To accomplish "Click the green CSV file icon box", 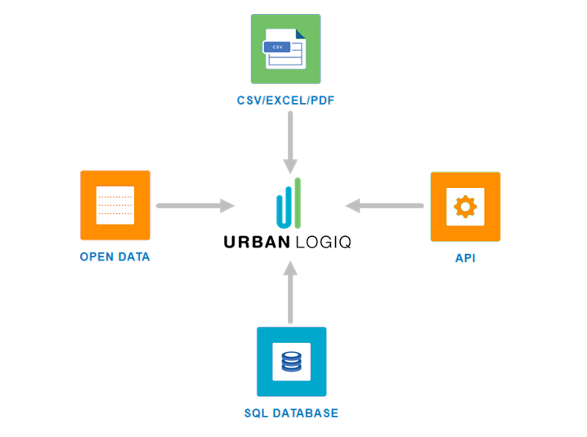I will coord(285,49).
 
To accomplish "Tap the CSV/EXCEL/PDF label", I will coord(285,100).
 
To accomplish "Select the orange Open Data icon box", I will coord(115,205).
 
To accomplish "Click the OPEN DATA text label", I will coord(115,256).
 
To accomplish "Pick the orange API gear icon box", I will coord(465,207).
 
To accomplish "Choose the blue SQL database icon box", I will coord(291,362).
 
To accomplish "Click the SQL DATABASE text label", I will coord(291,413).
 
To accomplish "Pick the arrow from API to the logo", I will coord(384,206).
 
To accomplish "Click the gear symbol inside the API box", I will coord(465,207).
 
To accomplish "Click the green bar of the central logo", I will coord(298,202).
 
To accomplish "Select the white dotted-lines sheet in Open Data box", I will coord(115,205).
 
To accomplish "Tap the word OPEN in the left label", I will coord(96,256).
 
